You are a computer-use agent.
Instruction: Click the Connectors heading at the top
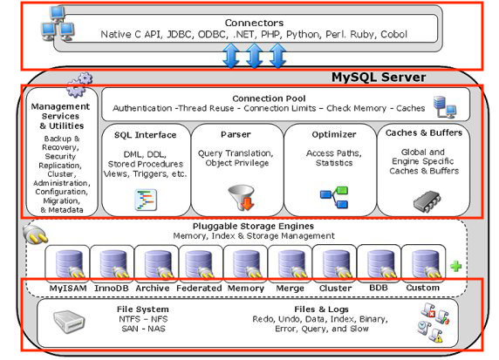[254, 21]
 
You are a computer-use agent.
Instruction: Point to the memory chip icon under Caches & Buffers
[424, 199]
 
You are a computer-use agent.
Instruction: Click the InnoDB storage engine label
[111, 289]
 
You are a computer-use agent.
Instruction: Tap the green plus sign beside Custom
[455, 266]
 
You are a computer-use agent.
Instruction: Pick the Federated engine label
[201, 289]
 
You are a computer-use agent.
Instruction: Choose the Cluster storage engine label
[336, 289]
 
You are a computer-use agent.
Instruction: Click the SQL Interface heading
[145, 135]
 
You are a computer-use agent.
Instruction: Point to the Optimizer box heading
[329, 135]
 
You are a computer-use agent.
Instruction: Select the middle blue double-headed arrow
[255, 57]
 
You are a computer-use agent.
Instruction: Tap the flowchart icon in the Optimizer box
[332, 197]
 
